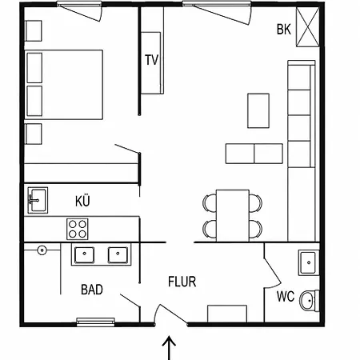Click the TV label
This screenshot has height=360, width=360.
coord(152,60)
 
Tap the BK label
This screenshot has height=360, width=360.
coord(284,30)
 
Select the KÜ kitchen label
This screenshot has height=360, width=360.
coord(82,201)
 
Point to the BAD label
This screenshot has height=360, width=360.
coord(92,290)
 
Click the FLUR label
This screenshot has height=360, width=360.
coord(182,282)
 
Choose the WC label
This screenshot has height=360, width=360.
coord(286,297)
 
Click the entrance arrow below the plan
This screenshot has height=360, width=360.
coord(169,348)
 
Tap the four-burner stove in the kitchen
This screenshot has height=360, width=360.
coord(78,229)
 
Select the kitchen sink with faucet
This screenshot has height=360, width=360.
coord(38,200)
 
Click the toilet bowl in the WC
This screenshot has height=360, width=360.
coord(310,301)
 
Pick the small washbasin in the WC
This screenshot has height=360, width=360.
coord(309,262)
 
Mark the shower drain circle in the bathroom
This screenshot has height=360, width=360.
coord(42,250)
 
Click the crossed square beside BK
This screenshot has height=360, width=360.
coord(308,27)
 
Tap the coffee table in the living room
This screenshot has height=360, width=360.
coord(258,110)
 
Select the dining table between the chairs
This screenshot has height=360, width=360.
coord(233,215)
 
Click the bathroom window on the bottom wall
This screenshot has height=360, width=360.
coord(96,322)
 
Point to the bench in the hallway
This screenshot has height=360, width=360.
coord(227,314)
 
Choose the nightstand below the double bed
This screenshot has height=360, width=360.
coord(34,134)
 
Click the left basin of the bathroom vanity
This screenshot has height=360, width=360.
coord(84,255)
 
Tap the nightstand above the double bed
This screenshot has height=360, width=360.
coord(34,31)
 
